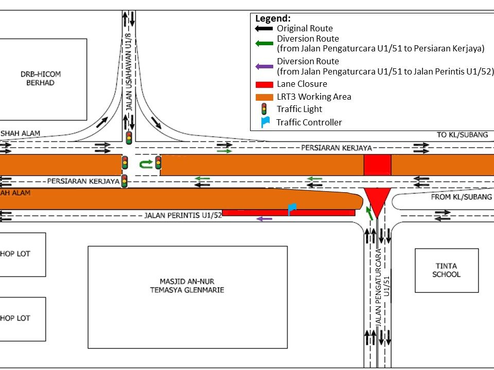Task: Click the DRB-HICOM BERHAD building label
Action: (41, 79)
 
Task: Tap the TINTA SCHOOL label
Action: (446, 270)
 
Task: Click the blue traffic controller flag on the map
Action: (292, 209)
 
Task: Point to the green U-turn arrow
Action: (147, 164)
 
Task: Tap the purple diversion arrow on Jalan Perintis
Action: (264, 219)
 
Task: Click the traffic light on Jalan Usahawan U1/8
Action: (129, 137)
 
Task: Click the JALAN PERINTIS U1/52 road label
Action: (183, 215)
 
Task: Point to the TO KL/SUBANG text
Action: (462, 135)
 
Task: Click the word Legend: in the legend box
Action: (273, 18)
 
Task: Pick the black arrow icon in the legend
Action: (264, 29)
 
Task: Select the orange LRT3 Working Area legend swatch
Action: (264, 97)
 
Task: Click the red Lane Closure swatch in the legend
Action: (264, 84)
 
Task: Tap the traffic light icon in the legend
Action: (264, 109)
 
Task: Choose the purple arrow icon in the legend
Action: (264, 66)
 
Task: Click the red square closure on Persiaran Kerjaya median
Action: (377, 164)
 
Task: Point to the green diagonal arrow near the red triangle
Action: (369, 213)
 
